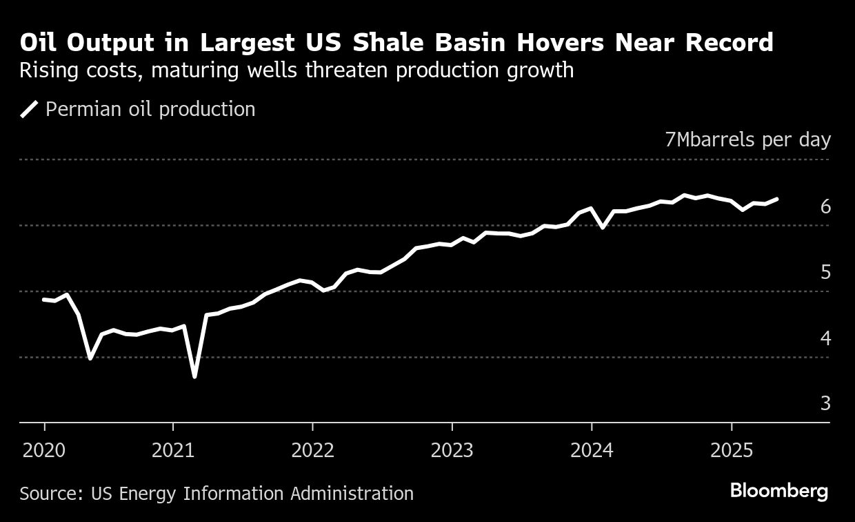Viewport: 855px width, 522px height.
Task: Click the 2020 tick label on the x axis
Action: point(44,451)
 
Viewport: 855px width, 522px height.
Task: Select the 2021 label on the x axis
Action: point(173,451)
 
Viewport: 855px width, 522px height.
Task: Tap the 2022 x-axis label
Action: point(312,451)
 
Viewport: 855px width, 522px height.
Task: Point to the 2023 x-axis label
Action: point(452,451)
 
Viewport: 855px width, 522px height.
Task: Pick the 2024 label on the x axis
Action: point(592,451)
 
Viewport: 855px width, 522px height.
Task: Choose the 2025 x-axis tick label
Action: point(732,451)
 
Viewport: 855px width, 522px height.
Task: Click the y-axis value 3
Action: point(825,403)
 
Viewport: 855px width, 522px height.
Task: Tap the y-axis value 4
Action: point(825,338)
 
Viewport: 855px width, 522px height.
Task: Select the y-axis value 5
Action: point(825,272)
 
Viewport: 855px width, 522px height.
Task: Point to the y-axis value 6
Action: point(825,206)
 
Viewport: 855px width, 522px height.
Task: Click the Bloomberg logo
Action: point(778,492)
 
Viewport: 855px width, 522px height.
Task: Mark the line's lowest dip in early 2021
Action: point(194,376)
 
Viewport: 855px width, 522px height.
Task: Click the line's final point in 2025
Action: point(778,199)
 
